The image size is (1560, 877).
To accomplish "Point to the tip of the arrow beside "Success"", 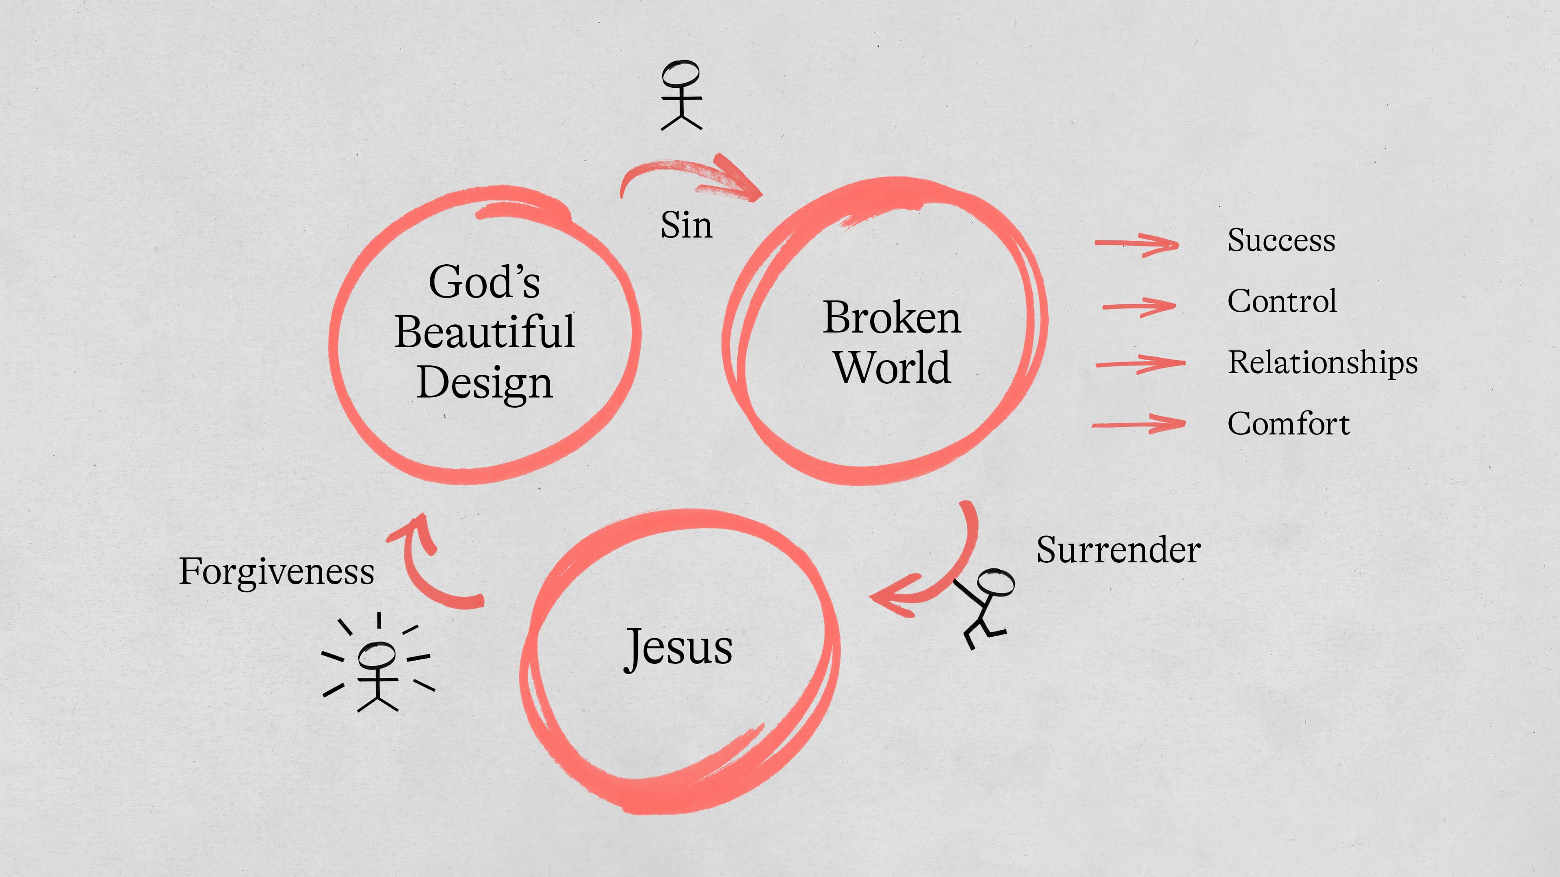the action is coord(1179,244).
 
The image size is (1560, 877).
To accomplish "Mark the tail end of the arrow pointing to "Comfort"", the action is coord(1093,426).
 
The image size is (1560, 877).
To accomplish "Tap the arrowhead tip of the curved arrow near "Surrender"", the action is coord(870,597).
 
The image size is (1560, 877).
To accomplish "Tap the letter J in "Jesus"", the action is coord(633,650).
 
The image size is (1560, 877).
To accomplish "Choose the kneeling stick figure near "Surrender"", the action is coord(986,607).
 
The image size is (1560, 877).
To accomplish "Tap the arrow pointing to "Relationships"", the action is coord(1140,364).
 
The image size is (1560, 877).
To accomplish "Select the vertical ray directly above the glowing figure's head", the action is coord(379,621).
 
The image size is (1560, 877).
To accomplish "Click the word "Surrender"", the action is coord(1118,550).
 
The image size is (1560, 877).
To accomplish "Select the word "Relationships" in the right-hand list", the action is coord(1323,363).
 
